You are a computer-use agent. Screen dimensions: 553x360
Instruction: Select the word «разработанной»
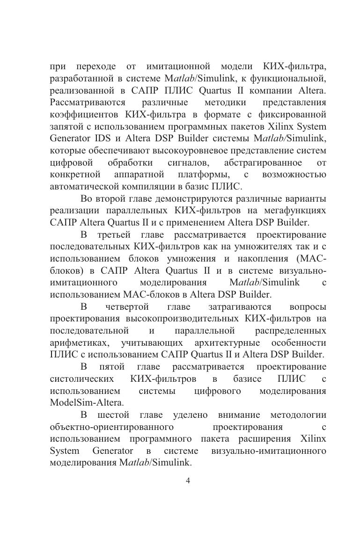(x=80, y=78)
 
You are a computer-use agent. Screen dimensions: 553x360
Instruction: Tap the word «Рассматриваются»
(x=88, y=102)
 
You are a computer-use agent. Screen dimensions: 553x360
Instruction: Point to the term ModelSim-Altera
(x=87, y=403)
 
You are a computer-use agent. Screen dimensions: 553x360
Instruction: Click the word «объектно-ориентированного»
(x=112, y=427)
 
